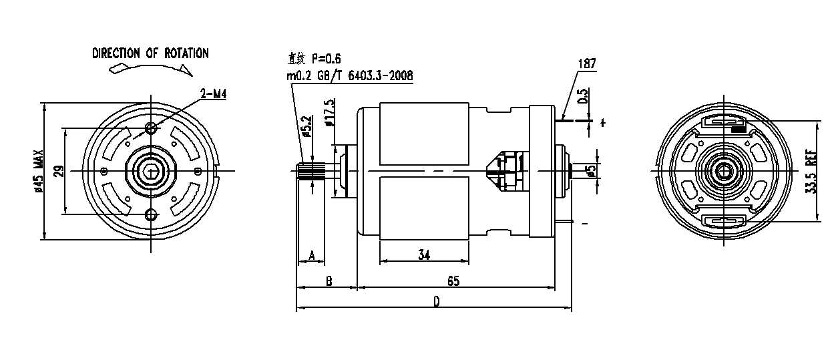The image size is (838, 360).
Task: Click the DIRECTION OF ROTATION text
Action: click(x=150, y=53)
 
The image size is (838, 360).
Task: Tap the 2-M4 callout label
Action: click(x=213, y=94)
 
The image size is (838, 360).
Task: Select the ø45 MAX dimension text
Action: click(x=39, y=171)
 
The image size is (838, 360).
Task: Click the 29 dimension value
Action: click(x=60, y=171)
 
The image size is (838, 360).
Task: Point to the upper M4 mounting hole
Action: click(x=151, y=128)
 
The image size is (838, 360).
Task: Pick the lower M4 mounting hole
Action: click(x=151, y=215)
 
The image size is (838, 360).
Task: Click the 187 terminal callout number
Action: click(x=587, y=63)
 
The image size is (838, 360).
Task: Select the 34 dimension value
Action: click(x=424, y=255)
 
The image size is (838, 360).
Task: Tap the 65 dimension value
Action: click(x=453, y=281)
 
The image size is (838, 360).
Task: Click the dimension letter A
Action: click(x=312, y=255)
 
